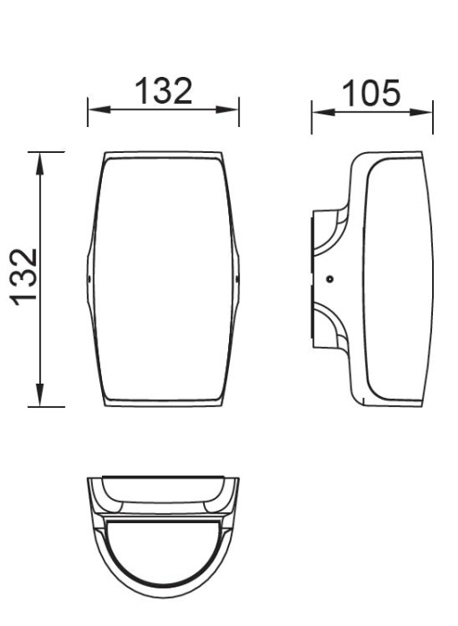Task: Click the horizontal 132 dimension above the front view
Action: tap(163, 90)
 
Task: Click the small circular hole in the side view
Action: tap(330, 279)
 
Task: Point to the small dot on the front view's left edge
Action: tap(89, 279)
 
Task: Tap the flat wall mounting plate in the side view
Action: tap(312, 279)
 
